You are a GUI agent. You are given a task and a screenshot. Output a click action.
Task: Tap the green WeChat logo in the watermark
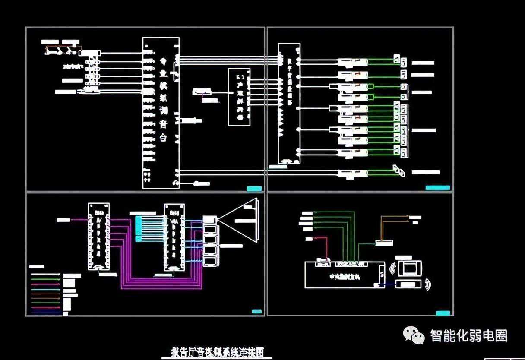[x=414, y=335]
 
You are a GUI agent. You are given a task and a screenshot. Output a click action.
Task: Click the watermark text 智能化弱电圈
[x=468, y=335]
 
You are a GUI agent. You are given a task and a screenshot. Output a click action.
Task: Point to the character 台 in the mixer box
[x=163, y=138]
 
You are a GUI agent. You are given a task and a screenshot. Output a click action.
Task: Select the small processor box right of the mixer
[x=239, y=97]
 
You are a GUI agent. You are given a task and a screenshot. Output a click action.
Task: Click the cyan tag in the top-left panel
[x=254, y=188]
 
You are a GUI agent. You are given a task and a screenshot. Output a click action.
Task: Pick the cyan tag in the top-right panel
[x=437, y=188]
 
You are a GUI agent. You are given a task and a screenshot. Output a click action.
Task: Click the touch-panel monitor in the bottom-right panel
[x=408, y=268]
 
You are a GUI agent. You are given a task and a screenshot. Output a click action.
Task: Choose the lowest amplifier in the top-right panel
[x=353, y=174]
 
